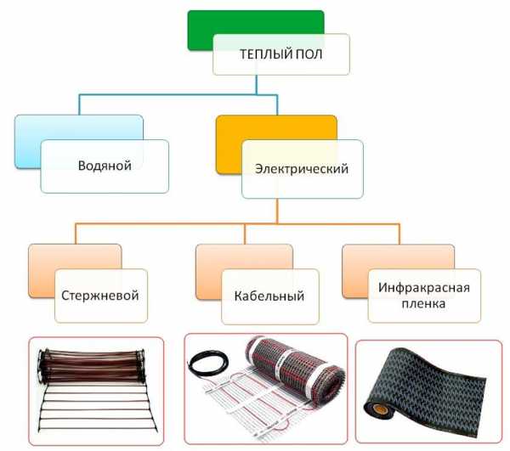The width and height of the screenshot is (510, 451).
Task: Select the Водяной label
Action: (105, 166)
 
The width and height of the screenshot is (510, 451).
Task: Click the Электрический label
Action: (302, 169)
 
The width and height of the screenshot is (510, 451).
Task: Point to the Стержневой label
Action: (100, 296)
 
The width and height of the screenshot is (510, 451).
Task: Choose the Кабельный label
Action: (269, 296)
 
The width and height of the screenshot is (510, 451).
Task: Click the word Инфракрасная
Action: (424, 288)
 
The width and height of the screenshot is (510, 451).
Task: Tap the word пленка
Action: (423, 304)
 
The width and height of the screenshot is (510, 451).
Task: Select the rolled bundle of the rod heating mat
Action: (92, 365)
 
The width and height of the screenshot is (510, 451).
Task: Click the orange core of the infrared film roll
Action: (377, 408)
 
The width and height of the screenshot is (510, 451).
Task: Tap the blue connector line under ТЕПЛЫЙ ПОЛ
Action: (178, 95)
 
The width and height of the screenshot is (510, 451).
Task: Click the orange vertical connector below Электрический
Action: (277, 211)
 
